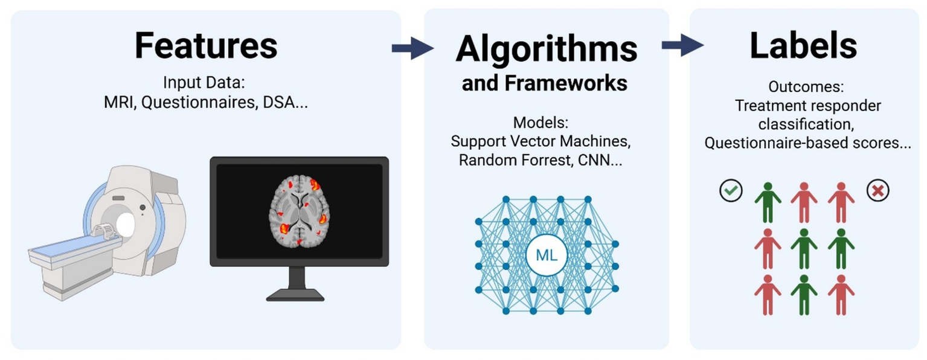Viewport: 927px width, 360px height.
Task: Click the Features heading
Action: (x=206, y=45)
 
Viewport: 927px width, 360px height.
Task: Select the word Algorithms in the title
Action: (x=546, y=49)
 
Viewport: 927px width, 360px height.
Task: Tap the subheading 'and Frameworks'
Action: (x=544, y=83)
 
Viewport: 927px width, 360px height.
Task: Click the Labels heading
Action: (x=803, y=45)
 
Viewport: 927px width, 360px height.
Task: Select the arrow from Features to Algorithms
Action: (x=412, y=48)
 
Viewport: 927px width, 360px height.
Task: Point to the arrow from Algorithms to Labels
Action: (x=682, y=45)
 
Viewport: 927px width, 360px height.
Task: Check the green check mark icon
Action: (x=731, y=191)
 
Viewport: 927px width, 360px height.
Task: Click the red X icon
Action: (x=877, y=191)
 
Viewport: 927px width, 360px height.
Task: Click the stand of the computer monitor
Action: (x=296, y=284)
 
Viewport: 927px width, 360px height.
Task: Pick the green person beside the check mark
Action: (x=768, y=202)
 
